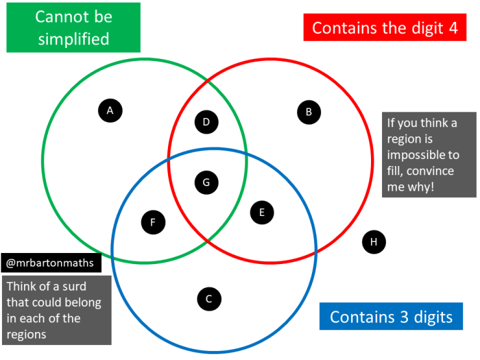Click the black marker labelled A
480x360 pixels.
(x=110, y=111)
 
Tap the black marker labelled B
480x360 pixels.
(x=309, y=112)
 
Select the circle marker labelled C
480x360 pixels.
(x=209, y=299)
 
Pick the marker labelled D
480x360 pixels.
(x=206, y=122)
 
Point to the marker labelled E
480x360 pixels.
(x=262, y=212)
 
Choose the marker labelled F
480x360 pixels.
(x=153, y=223)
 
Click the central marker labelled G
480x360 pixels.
(x=206, y=183)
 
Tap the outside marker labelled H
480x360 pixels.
(x=374, y=243)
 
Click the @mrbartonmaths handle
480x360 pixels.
(x=51, y=263)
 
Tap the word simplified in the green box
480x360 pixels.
(x=73, y=38)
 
